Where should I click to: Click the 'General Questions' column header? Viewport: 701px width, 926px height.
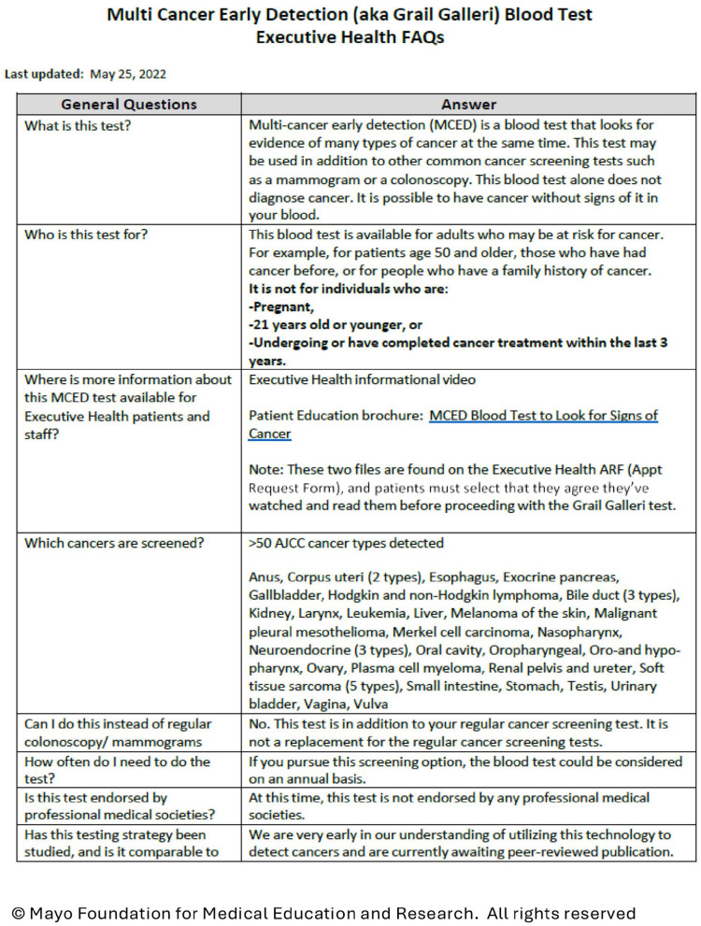129,105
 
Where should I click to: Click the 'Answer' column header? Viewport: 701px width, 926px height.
468,105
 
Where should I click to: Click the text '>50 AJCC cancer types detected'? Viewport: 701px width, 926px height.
347,544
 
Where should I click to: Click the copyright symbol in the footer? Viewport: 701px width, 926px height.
17,912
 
